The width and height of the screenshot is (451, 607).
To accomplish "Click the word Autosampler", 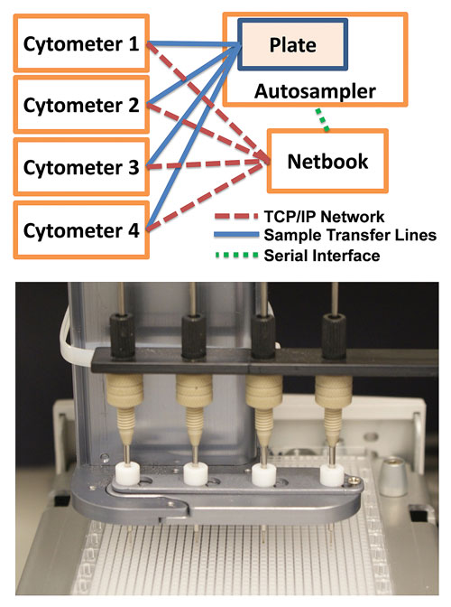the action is (x=315, y=91).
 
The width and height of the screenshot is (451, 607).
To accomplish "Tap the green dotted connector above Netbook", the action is (x=322, y=119).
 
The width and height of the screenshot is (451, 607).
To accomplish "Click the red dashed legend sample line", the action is (x=236, y=216).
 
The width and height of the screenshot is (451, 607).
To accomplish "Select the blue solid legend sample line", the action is (x=236, y=235).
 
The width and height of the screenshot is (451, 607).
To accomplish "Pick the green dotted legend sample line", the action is (x=236, y=255).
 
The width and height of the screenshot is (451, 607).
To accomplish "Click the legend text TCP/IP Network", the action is (x=324, y=217).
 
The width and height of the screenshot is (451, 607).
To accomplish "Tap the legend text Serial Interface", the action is (x=321, y=256).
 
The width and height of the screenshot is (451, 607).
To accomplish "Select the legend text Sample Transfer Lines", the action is (x=350, y=235).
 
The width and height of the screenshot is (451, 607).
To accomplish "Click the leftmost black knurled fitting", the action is (x=122, y=334).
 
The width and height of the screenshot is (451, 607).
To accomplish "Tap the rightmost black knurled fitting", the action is (x=334, y=335).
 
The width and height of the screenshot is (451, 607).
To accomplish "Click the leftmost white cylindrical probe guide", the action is (x=127, y=474).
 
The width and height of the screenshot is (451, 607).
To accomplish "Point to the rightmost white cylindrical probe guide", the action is (x=332, y=475).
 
